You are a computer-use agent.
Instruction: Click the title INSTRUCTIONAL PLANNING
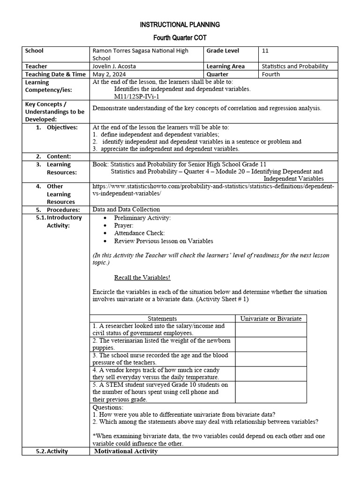pos(180,24)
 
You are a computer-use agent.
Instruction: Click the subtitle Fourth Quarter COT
pos(180,37)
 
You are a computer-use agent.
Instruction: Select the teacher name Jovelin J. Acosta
pos(115,67)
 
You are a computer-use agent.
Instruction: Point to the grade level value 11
pos(265,51)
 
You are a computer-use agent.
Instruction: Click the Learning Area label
pos(225,67)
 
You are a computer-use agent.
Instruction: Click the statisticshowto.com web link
pos(213,190)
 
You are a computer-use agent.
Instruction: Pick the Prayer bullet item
pos(124,225)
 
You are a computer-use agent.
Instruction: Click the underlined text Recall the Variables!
pos(142,277)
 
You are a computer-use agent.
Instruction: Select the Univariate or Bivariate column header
pos(271,319)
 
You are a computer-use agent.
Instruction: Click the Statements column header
pos(162,319)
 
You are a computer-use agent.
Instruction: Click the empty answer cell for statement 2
pos(271,345)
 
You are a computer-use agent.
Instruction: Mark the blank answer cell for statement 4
pos(271,374)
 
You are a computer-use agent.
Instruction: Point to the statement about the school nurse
pos(157,359)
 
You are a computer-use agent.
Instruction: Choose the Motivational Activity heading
pos(126,451)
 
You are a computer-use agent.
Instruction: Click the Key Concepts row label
pos(54,112)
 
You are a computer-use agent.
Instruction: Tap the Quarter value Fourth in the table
pos(271,74)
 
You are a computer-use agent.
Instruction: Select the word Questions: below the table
pos(108,408)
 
